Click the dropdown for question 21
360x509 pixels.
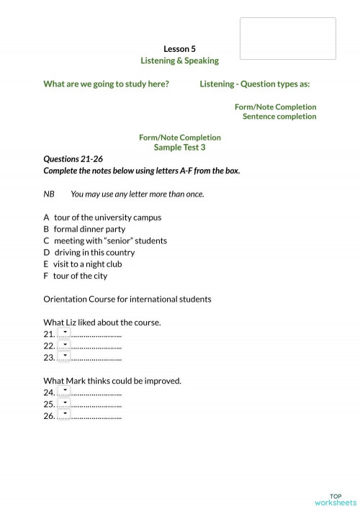(64, 333)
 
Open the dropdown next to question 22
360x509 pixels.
(64, 345)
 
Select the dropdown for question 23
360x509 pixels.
(64, 356)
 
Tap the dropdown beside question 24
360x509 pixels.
(64, 392)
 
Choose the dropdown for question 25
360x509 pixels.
(64, 403)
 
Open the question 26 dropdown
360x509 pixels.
(64, 415)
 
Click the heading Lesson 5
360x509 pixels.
(179, 48)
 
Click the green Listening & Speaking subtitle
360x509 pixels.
(179, 60)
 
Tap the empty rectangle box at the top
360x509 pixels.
(287, 38)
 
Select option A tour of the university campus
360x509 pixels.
(102, 217)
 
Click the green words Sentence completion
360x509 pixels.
(279, 117)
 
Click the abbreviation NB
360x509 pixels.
(49, 194)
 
